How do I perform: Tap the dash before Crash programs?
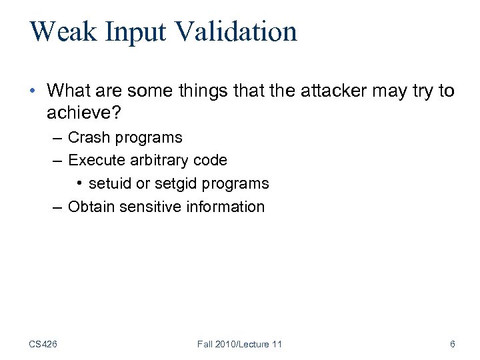click(x=58, y=138)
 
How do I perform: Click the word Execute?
click(x=95, y=161)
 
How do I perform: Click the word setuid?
click(x=109, y=183)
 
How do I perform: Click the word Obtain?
click(x=91, y=207)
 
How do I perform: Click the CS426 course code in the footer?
click(x=43, y=344)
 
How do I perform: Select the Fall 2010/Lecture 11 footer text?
click(x=239, y=344)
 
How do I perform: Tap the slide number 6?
click(x=453, y=344)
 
